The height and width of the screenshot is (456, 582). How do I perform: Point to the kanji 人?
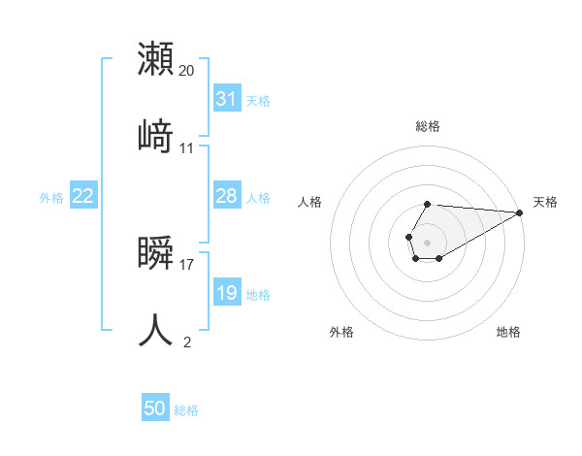[156, 329]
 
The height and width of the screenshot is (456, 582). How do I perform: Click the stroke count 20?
[187, 70]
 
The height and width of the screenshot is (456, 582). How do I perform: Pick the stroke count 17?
[187, 263]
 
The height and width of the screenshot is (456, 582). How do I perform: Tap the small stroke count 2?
[187, 342]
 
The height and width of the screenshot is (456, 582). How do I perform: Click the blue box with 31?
[227, 99]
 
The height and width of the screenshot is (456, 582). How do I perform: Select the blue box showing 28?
[227, 196]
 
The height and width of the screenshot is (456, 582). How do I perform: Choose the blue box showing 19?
[227, 293]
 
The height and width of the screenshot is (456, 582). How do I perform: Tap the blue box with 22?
[83, 196]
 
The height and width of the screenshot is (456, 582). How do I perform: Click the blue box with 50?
[155, 408]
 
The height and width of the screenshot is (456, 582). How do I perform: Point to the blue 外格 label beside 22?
[51, 198]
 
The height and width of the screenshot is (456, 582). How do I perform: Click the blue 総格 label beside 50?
[186, 410]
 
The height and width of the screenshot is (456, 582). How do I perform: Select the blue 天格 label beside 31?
[258, 101]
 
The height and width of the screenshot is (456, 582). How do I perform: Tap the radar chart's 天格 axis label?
[545, 202]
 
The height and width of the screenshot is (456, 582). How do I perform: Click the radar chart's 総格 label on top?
[428, 126]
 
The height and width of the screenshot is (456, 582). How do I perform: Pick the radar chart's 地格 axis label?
[508, 332]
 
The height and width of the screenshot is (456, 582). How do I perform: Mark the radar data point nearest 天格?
[519, 212]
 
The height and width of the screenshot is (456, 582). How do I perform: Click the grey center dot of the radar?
[427, 241]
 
